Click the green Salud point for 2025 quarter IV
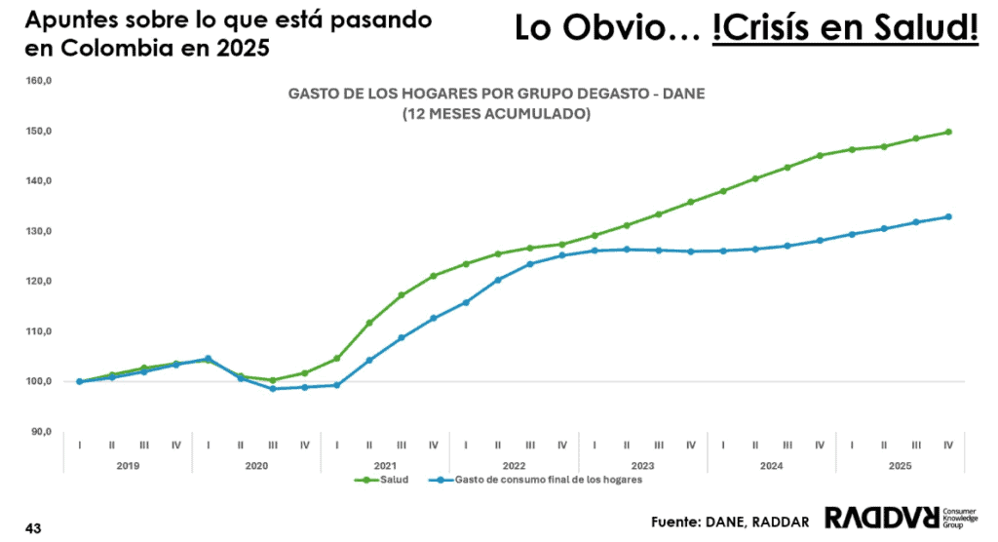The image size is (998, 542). (x=948, y=132)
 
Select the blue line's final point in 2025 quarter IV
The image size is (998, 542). (x=948, y=216)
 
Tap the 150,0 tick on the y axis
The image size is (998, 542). (x=39, y=131)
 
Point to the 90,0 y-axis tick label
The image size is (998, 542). (x=41, y=432)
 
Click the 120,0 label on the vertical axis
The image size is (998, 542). (x=39, y=282)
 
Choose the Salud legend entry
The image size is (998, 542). (x=379, y=480)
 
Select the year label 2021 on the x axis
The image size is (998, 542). (x=385, y=465)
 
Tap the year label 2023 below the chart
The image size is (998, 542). (x=642, y=465)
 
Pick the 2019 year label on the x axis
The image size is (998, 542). (x=128, y=465)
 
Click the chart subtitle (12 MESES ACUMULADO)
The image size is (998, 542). (x=496, y=114)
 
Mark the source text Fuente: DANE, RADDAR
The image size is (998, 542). (x=730, y=522)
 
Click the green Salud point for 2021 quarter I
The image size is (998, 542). (x=336, y=359)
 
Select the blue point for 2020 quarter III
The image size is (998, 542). (x=272, y=389)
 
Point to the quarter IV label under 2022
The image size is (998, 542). (x=561, y=445)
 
